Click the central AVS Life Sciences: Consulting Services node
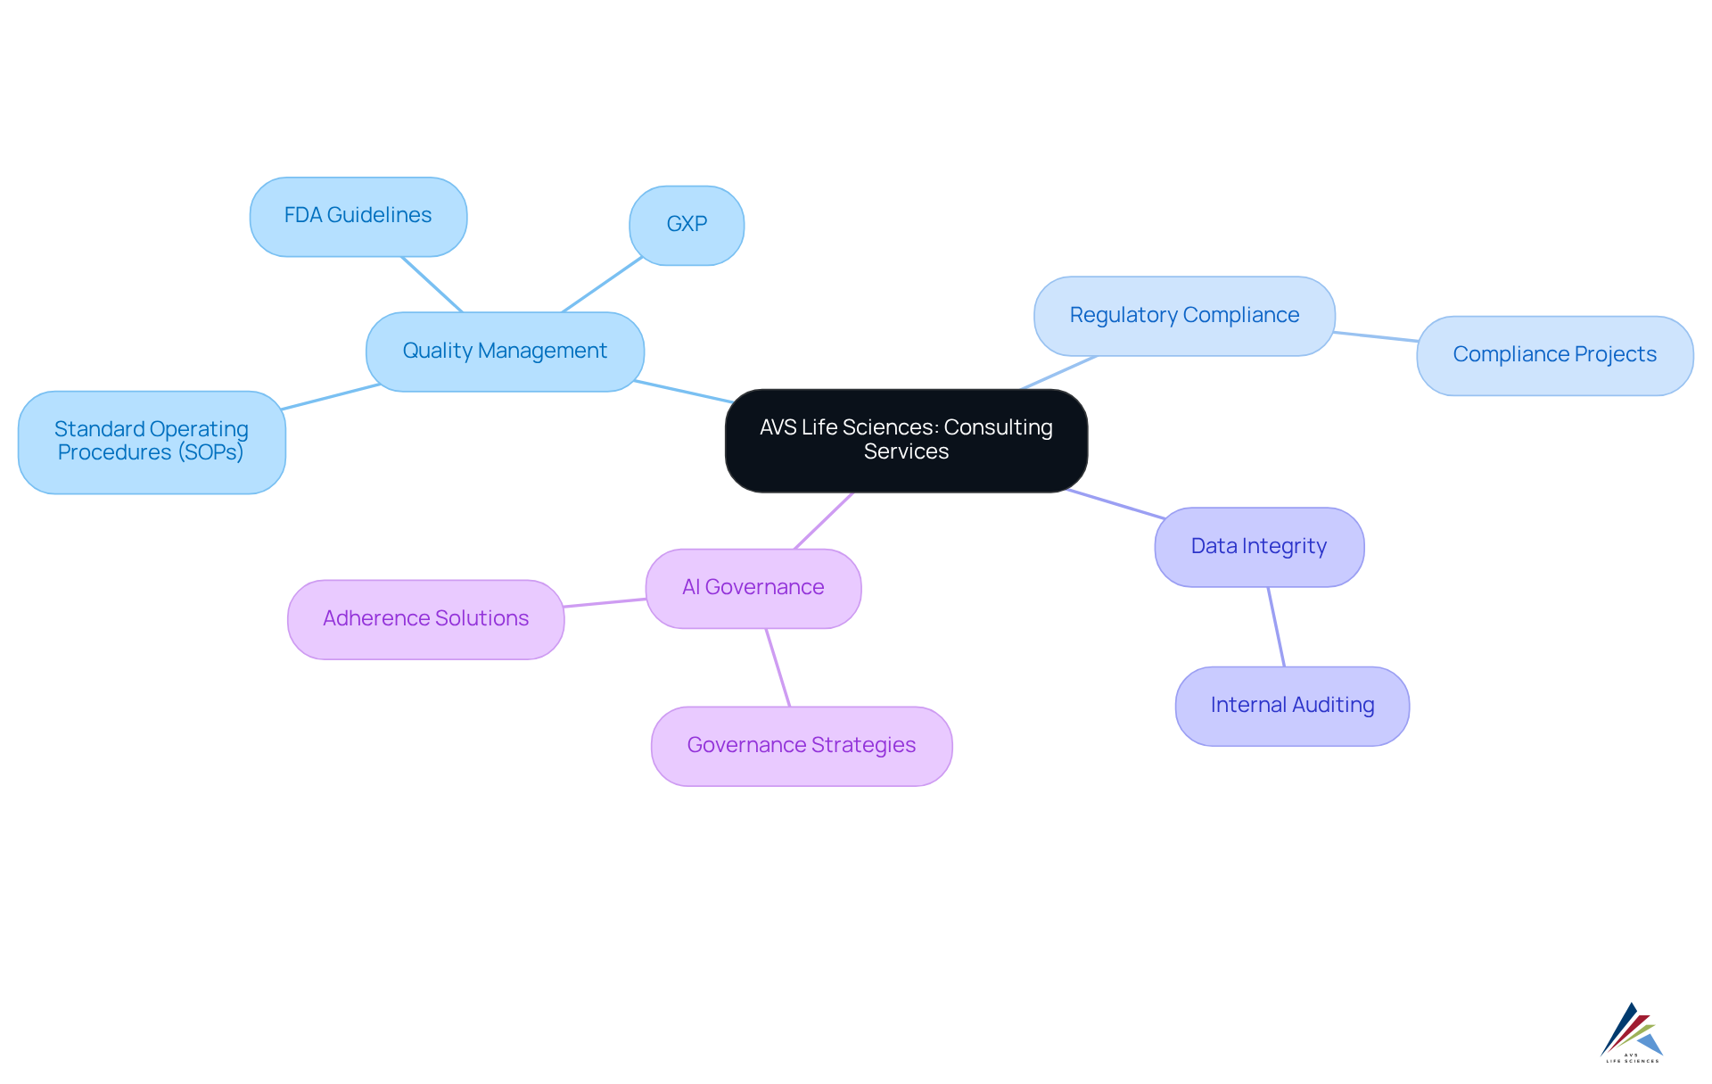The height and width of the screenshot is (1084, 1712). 906,440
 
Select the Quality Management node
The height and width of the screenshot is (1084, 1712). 505,352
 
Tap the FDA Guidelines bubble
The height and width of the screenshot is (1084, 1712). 358,216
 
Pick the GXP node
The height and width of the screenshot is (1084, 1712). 687,225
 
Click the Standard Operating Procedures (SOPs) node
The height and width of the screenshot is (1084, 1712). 152,442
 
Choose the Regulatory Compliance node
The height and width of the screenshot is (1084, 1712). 1184,316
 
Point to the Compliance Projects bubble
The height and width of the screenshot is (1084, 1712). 1554,355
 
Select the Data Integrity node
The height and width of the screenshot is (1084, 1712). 1259,547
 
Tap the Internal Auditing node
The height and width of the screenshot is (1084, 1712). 1292,706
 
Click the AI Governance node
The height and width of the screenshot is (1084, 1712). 753,588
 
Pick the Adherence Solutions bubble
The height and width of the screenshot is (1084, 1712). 425,619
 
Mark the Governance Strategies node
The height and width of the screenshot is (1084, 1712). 802,746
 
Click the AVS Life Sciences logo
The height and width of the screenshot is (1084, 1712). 1632,1032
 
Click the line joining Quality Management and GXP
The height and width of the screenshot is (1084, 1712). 602,285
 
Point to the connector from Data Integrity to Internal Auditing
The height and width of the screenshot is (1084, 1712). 1276,626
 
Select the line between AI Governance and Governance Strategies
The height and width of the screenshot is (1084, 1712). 778,667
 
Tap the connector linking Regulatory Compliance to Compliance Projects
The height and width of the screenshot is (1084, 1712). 1376,336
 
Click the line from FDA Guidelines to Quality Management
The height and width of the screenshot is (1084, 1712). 432,284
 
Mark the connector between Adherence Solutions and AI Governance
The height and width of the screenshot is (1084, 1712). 605,603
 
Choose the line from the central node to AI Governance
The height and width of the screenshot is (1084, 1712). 824,520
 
